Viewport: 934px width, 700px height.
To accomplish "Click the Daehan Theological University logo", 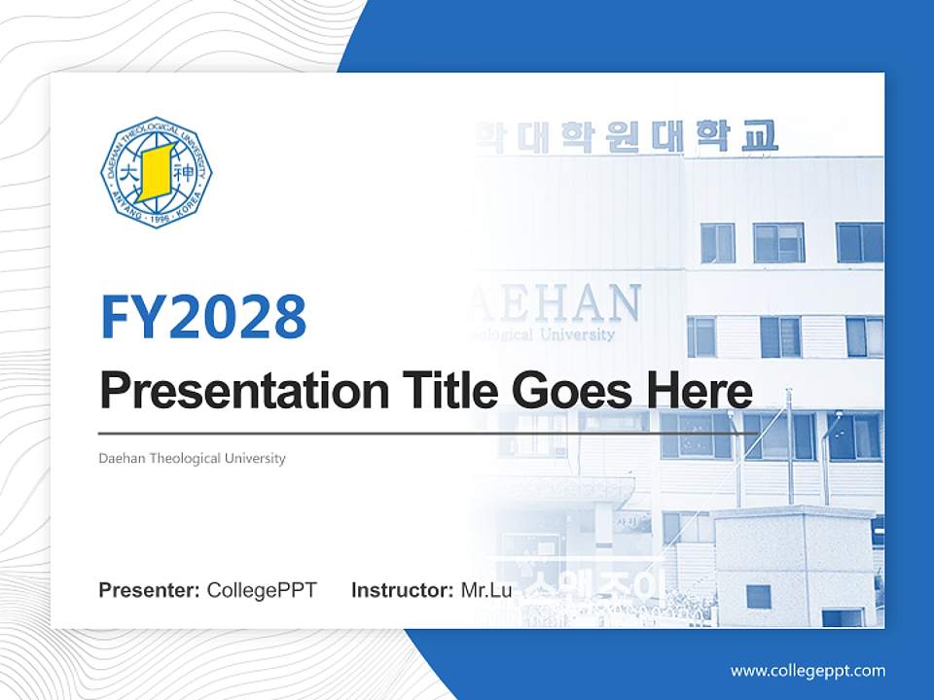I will click(x=156, y=173).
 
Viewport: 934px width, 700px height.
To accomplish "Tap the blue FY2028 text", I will click(x=203, y=315).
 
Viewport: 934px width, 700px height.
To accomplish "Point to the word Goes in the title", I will click(x=563, y=391).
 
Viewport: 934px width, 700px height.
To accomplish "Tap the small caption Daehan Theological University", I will click(x=192, y=458).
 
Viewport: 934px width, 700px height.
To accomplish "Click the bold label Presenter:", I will click(x=150, y=589).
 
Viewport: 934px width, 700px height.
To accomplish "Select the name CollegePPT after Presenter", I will click(x=262, y=589).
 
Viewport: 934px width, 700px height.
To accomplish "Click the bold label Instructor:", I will click(x=402, y=589).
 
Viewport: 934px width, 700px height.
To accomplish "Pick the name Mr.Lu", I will click(x=486, y=589).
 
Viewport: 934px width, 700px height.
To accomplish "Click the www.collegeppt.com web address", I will click(x=808, y=670).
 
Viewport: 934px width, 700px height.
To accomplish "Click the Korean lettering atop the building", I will click(x=628, y=137).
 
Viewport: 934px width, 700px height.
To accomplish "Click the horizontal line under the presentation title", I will click(x=428, y=433).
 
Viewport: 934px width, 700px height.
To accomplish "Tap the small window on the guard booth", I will click(x=758, y=596).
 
